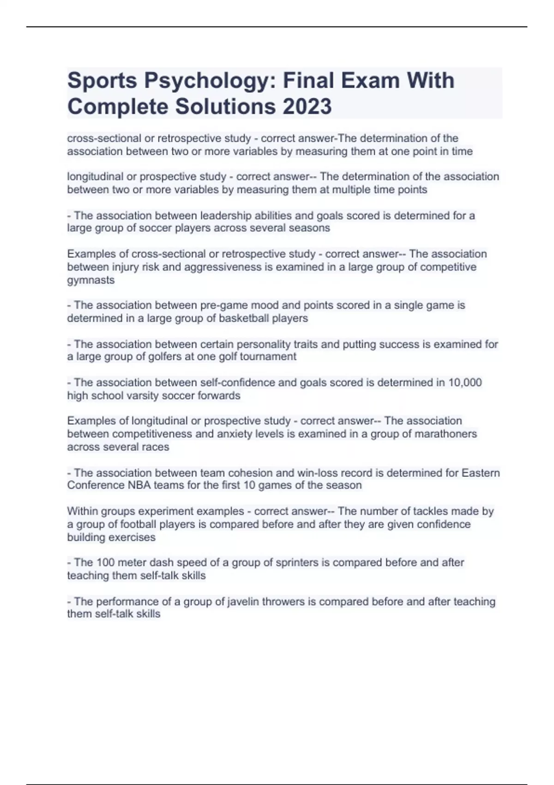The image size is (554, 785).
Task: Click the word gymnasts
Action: (91, 280)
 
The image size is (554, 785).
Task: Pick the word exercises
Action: (134, 537)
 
